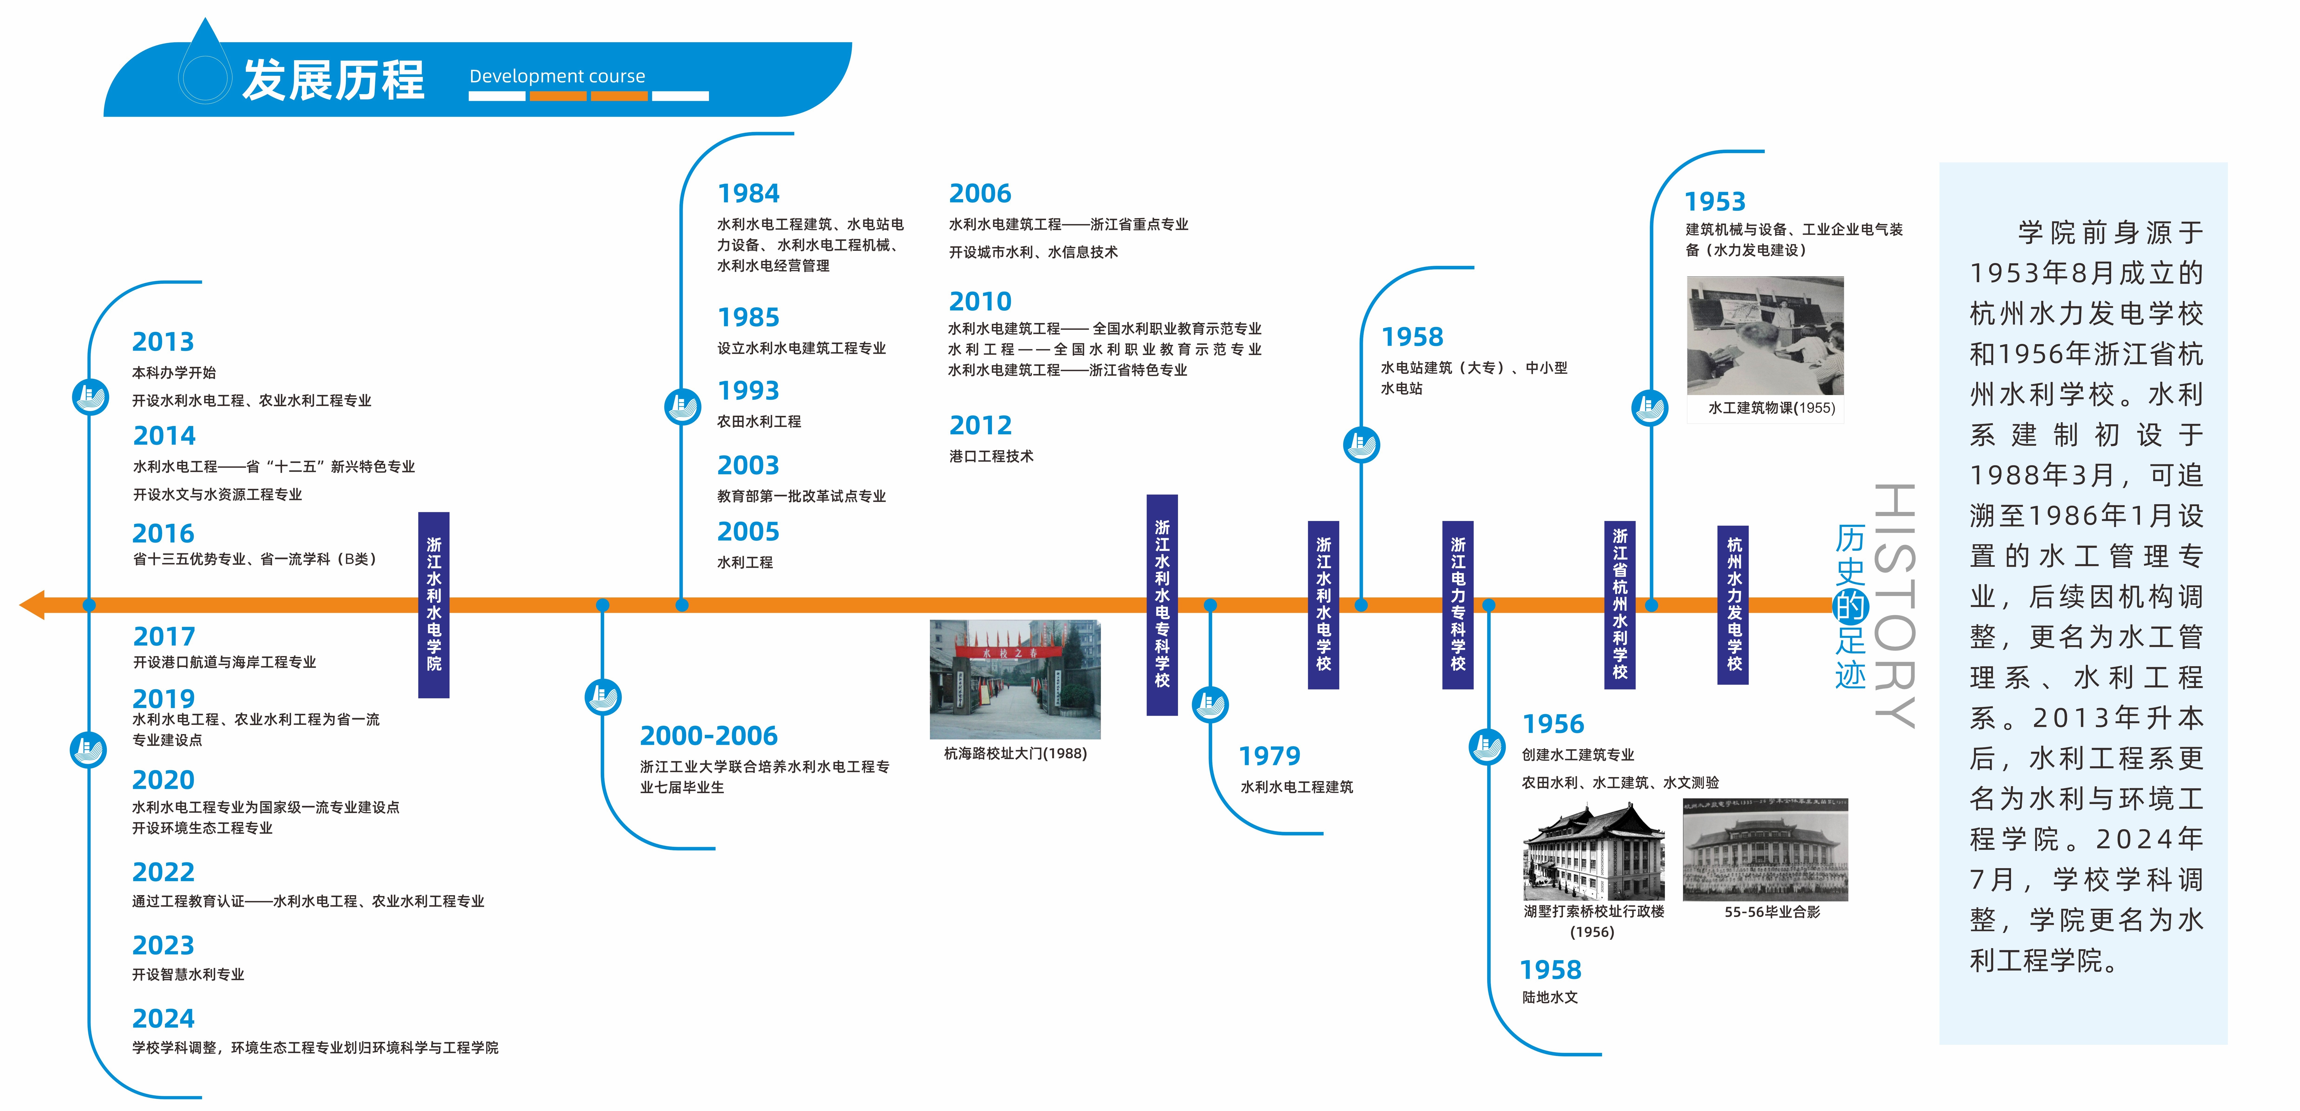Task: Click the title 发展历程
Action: [x=333, y=80]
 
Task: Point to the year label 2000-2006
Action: [x=709, y=736]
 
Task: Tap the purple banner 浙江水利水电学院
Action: [x=434, y=605]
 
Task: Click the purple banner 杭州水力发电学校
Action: [x=1733, y=605]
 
